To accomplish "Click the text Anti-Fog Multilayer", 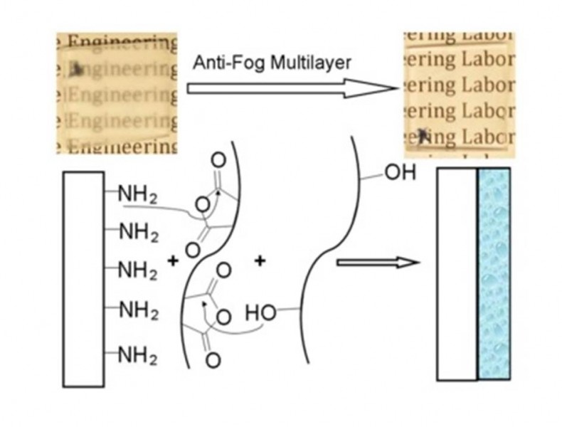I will (272, 63).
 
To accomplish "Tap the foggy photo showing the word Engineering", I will (117, 93).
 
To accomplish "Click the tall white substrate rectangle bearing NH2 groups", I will (83, 278).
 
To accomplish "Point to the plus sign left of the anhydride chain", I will (172, 261).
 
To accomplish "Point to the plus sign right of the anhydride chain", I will (260, 261).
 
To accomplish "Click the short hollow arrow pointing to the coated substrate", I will (377, 263).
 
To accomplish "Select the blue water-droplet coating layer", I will (494, 274).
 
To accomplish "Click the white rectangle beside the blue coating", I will (455, 274).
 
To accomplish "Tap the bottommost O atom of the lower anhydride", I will (212, 360).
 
